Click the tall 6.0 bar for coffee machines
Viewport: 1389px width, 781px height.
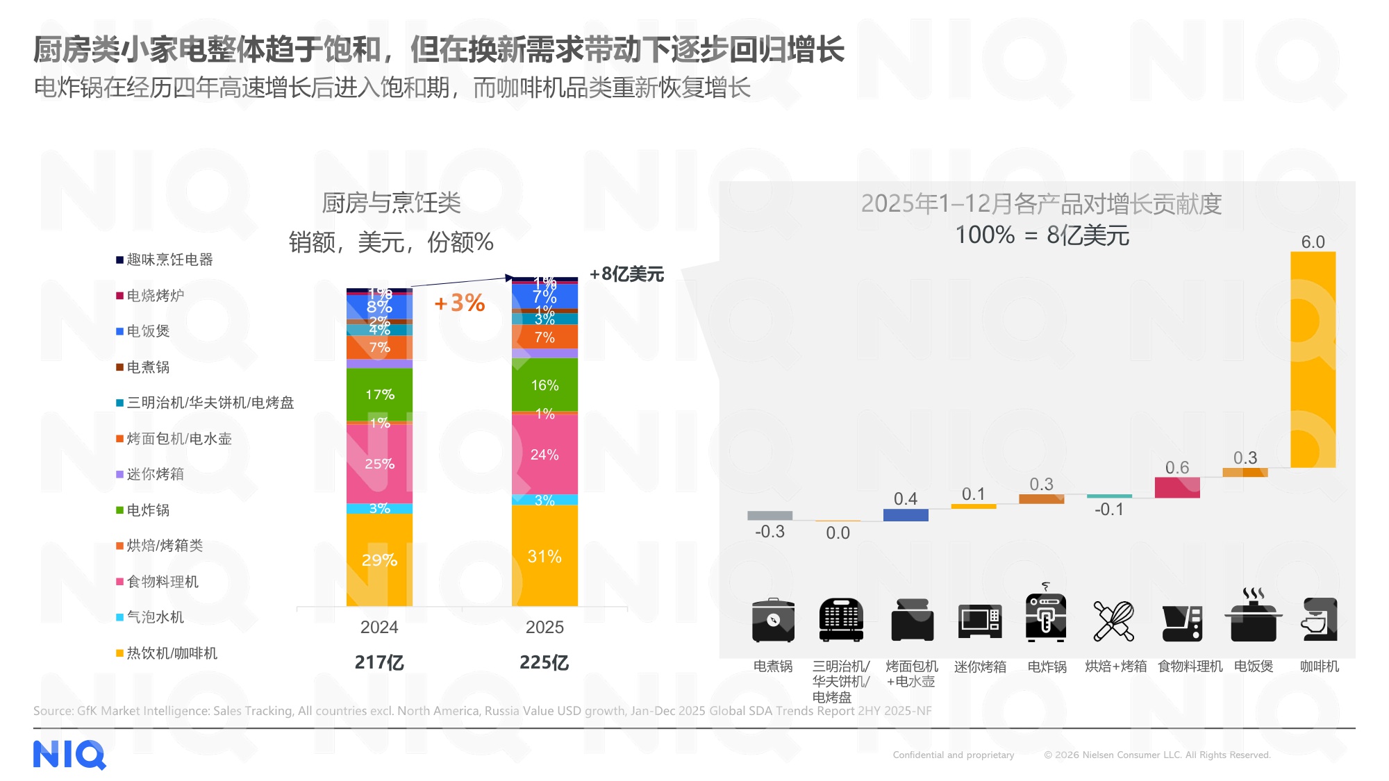pyautogui.click(x=1313, y=359)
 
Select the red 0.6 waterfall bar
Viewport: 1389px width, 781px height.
pyautogui.click(x=1177, y=487)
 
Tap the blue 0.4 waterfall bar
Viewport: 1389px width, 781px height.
pyautogui.click(x=906, y=515)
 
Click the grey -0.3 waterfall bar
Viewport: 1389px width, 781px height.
pyautogui.click(x=770, y=516)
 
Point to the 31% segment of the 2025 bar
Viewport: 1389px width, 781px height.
pyautogui.click(x=544, y=556)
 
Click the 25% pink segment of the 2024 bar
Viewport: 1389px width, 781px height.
pyautogui.click(x=379, y=463)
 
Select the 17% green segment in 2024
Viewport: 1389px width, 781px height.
pyautogui.click(x=379, y=394)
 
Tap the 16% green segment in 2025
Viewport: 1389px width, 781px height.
pyautogui.click(x=544, y=385)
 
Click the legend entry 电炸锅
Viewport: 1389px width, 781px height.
pyautogui.click(x=147, y=510)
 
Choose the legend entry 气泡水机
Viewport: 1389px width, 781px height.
pyautogui.click(x=154, y=617)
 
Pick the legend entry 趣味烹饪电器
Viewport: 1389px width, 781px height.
pyautogui.click(x=169, y=260)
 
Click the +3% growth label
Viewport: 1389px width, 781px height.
pyautogui.click(x=459, y=303)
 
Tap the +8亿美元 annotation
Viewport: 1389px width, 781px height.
pyautogui.click(x=626, y=274)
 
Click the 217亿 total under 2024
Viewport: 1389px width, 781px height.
pyautogui.click(x=379, y=662)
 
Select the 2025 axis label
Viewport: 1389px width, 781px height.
pyautogui.click(x=544, y=627)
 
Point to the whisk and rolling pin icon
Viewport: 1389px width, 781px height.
pyautogui.click(x=1113, y=621)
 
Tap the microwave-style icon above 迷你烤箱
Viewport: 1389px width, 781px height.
pyautogui.click(x=979, y=621)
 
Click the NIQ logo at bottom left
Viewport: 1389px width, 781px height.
pyautogui.click(x=69, y=755)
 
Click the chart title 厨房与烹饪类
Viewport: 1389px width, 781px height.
pyautogui.click(x=391, y=203)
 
